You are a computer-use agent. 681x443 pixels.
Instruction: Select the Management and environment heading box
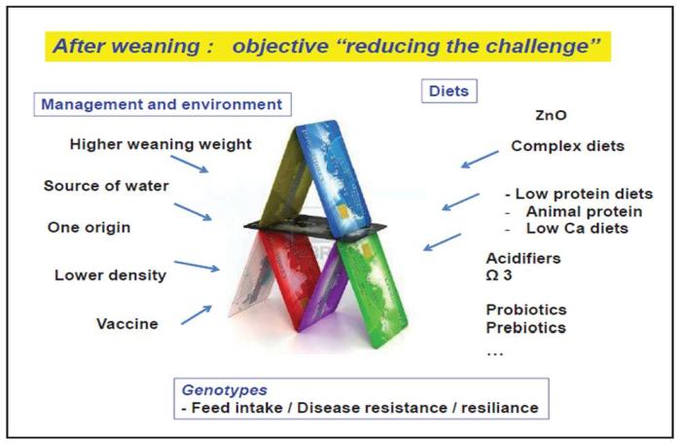pyautogui.click(x=161, y=103)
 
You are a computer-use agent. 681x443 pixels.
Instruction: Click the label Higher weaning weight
pyautogui.click(x=161, y=144)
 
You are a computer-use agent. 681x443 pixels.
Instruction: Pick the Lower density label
pyautogui.click(x=110, y=275)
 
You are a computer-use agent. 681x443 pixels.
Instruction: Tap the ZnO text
pyautogui.click(x=551, y=115)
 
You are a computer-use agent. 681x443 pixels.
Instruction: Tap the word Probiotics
pyautogui.click(x=526, y=310)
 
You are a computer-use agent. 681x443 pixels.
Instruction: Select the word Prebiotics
pyautogui.click(x=526, y=327)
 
